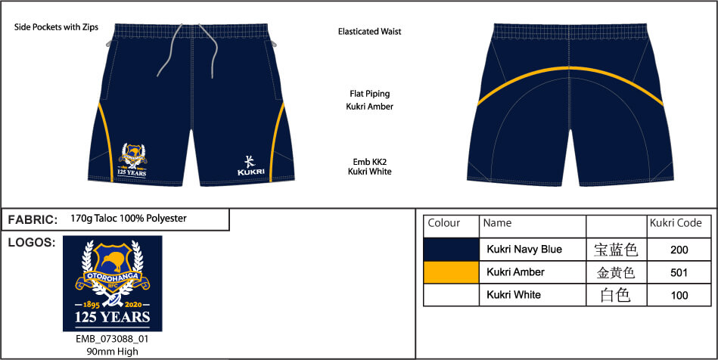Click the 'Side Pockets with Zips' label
point(56,27)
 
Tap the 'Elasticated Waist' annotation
point(369,32)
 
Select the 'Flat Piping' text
point(369,94)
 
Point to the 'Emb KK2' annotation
point(369,162)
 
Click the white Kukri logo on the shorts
point(250,166)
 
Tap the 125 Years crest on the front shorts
point(132,160)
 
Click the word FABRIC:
point(33,220)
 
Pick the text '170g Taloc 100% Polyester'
point(129,219)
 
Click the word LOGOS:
point(32,243)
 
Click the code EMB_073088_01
point(112,340)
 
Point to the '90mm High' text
point(112,352)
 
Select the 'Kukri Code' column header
point(676,223)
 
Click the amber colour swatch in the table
point(451,272)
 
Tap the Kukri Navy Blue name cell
point(524,250)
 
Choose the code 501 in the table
point(679,273)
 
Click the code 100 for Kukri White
point(679,296)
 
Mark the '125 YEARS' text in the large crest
point(112,317)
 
